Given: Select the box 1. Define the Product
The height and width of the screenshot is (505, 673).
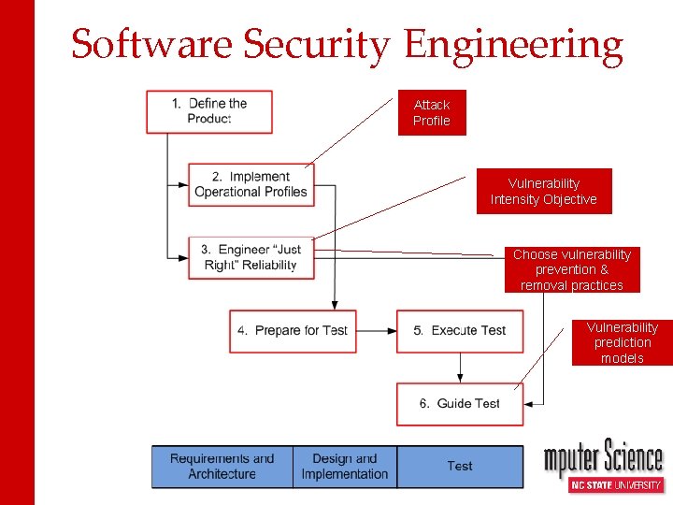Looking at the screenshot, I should click(209, 111).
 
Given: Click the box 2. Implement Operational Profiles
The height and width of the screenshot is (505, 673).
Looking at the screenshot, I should click(251, 184).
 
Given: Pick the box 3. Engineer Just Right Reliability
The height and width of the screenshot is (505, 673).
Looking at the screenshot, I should click(251, 257).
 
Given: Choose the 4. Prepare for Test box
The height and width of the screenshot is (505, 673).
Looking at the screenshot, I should click(293, 331).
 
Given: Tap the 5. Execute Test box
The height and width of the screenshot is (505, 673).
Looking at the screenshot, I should click(460, 331).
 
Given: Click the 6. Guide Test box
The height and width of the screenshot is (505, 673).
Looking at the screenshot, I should click(460, 404).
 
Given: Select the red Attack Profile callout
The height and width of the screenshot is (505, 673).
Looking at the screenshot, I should click(432, 113).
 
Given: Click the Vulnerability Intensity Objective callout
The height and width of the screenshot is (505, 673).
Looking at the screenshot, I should click(544, 192).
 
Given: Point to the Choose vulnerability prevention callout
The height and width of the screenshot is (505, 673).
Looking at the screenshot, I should click(572, 270).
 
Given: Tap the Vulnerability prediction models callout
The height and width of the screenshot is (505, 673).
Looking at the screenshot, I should click(623, 343).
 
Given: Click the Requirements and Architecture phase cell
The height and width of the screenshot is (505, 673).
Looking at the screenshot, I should click(222, 467).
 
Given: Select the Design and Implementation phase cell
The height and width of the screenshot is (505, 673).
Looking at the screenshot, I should click(345, 467).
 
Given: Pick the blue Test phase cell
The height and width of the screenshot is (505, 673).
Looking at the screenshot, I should click(460, 467).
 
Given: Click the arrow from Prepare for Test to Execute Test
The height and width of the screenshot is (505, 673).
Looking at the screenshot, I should click(377, 331).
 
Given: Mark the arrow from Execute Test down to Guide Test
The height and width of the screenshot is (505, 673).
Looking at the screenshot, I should click(460, 368).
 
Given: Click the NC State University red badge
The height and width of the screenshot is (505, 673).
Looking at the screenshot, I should click(616, 484).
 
